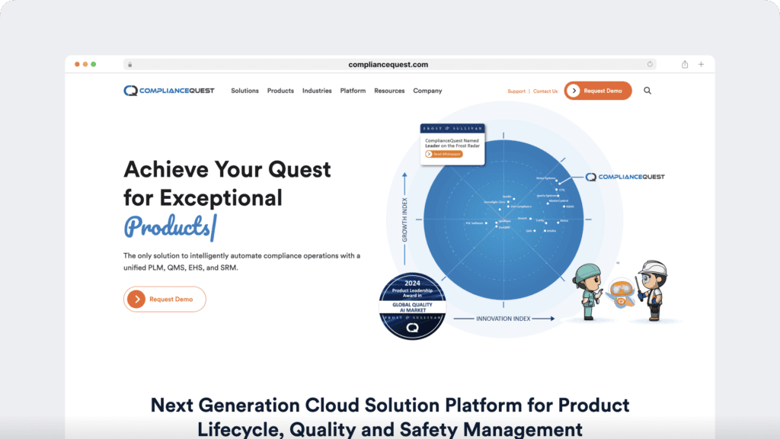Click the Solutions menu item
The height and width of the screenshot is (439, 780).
click(x=245, y=91)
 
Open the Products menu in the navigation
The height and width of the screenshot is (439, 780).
click(x=280, y=91)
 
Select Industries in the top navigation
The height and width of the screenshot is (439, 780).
click(x=317, y=91)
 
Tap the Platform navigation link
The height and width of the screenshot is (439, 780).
click(x=353, y=91)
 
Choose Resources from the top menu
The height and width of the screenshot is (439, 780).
click(x=389, y=91)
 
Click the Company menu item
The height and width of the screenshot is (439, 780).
click(x=427, y=91)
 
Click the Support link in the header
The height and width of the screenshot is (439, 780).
click(x=516, y=91)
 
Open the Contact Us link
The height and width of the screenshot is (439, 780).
click(x=545, y=91)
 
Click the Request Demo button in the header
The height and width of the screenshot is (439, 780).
click(x=598, y=91)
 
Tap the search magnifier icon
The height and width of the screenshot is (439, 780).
click(x=647, y=91)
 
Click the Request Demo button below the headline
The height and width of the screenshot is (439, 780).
click(x=165, y=300)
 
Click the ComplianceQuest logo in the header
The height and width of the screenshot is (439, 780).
click(x=169, y=91)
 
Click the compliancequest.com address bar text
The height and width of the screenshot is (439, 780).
click(x=388, y=65)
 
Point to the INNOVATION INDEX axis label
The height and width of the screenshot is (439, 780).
click(x=503, y=318)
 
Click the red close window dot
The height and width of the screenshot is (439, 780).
click(x=77, y=64)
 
